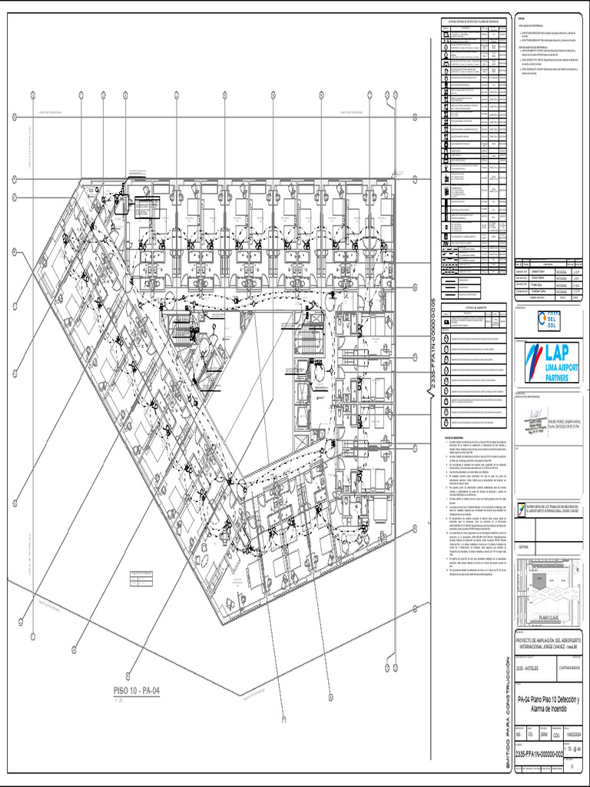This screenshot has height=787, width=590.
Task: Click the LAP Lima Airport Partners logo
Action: (x=550, y=361)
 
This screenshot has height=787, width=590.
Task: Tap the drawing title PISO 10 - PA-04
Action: (x=135, y=692)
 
